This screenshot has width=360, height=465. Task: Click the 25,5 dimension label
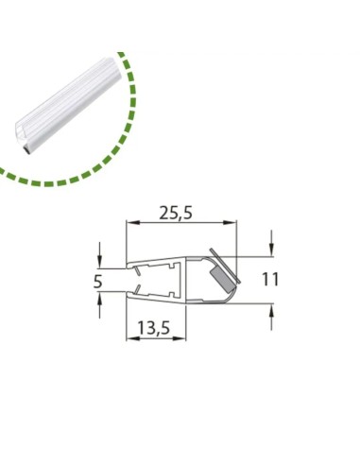coord(176,213)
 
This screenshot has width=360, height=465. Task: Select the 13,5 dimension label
coord(154,328)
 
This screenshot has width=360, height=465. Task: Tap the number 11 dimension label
coord(270,280)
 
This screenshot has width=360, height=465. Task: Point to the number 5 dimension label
coord(98,282)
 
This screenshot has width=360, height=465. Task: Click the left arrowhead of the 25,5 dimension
coord(132,223)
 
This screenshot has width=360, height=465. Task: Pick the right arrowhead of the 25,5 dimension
coord(230,223)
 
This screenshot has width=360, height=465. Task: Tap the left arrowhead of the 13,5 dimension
coord(132,338)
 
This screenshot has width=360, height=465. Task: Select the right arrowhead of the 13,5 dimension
coord(180,338)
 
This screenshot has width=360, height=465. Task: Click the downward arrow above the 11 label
coord(271,244)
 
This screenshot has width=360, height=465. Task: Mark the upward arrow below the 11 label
coord(271,317)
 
